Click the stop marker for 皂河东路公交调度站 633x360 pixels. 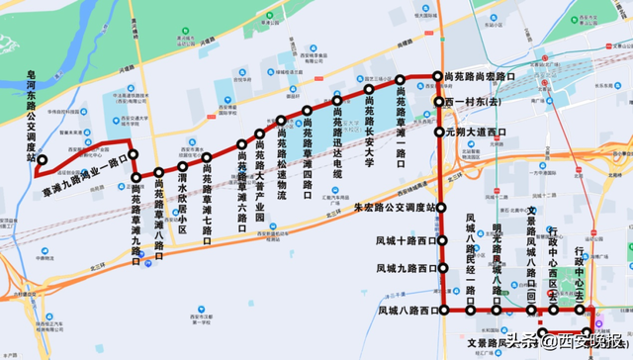(43, 158)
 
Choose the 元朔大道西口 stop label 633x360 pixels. (476, 131)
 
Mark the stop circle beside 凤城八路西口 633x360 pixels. (442, 311)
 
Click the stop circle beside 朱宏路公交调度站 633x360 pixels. (442, 208)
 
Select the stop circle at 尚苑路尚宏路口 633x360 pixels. (436, 76)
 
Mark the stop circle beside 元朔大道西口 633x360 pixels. (439, 131)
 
